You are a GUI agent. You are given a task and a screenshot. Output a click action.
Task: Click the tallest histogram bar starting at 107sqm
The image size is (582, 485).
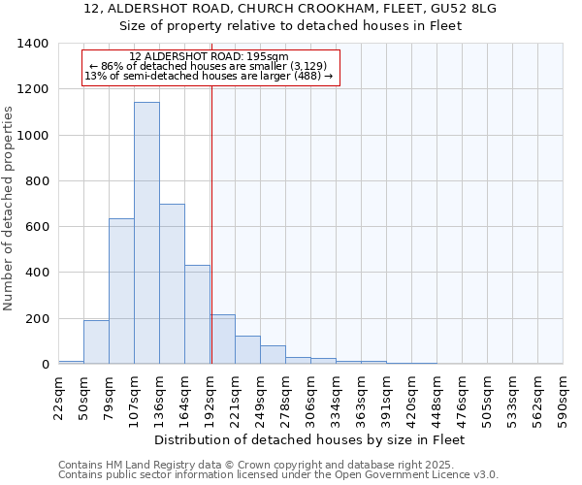[x=146, y=233]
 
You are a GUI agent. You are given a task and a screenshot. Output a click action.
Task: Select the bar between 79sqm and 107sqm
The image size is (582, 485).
[x=121, y=291]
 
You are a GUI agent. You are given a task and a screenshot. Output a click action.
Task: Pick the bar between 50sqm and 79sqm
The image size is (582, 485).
[x=96, y=341]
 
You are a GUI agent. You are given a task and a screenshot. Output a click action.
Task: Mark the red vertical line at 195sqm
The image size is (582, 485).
[x=211, y=223]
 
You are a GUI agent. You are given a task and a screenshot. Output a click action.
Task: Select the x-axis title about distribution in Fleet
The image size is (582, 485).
[x=310, y=439]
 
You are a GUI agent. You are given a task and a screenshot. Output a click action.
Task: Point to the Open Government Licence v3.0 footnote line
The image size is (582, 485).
[x=278, y=475]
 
